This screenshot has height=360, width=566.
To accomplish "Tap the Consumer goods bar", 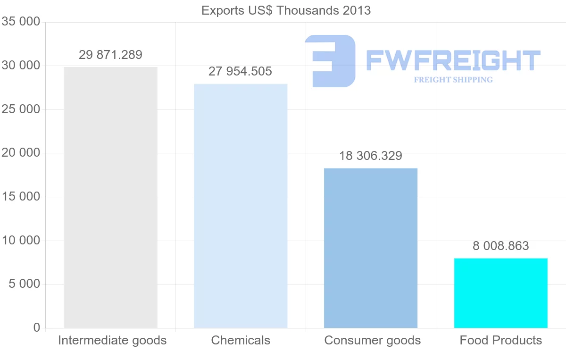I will [371, 248].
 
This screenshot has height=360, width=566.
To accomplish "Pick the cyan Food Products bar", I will [500, 293].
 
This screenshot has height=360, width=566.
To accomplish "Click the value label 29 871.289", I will [110, 55].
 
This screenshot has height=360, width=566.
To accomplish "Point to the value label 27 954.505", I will [241, 72].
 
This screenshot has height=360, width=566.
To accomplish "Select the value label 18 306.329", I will [371, 156].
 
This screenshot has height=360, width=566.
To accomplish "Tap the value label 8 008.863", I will [500, 246].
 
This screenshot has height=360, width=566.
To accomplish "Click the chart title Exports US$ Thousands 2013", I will [286, 10].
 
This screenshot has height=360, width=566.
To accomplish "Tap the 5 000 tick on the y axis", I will [24, 284].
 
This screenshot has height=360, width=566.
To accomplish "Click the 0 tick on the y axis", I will [37, 328].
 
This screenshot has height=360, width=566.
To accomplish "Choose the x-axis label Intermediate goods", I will [112, 340].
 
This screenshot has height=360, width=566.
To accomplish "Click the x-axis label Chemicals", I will [241, 340].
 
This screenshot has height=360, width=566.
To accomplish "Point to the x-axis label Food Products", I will [500, 340].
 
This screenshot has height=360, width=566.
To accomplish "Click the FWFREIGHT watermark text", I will [453, 61].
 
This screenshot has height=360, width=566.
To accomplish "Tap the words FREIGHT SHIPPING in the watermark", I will [453, 80].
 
